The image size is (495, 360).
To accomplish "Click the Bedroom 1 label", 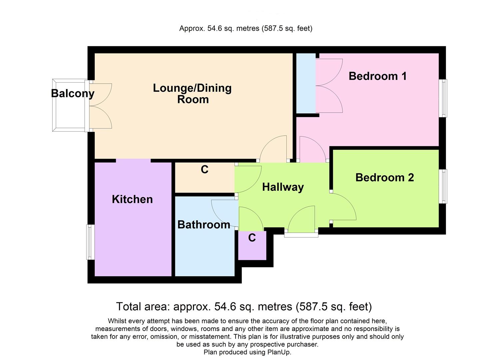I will pos(377,76).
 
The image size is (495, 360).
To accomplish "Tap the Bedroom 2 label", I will pos(384,177).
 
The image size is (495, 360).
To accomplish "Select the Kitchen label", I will pos(132,199).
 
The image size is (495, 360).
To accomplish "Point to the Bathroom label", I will pos(204,225).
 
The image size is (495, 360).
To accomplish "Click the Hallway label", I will pos(283,187).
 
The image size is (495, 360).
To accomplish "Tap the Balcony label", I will pos(73,93).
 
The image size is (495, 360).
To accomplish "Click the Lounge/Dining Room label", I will pos(192,94).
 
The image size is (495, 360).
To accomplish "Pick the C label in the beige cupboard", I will pos(204,170).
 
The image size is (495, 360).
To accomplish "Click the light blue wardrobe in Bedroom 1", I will pos(306,83).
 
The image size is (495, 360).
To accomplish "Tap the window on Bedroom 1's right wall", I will pos(443,98).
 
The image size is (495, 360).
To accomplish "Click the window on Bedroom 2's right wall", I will pos(443,186).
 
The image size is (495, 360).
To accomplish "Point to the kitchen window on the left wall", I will pos(90,242).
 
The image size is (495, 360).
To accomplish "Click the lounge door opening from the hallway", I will pos(273,148).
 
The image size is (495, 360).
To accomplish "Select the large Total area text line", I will pos(244,306).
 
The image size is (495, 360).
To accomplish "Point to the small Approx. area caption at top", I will pos(246,29).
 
